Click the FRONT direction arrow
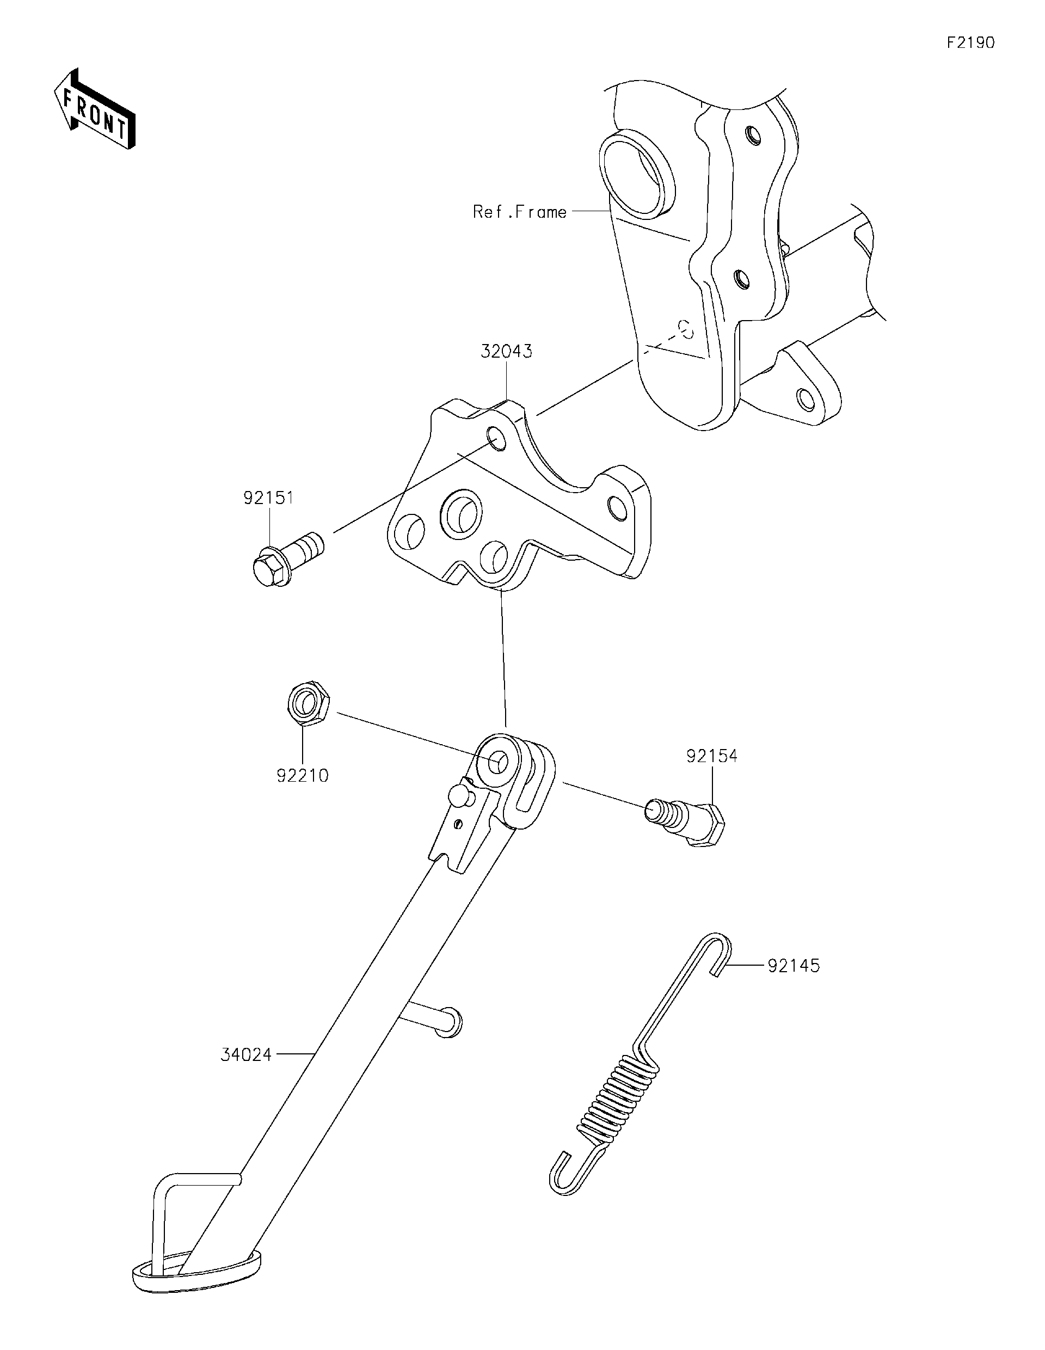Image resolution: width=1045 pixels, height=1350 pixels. pos(94,115)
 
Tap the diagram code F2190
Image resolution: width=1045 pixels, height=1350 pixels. pos(970,42)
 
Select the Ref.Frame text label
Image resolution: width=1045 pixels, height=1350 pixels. pos(519,212)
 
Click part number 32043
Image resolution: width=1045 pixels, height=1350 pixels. pos(506,352)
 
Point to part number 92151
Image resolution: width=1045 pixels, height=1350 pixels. pos(268,498)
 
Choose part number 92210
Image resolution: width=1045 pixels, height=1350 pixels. pos(302,775)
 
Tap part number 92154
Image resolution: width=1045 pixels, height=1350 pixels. pos(711,756)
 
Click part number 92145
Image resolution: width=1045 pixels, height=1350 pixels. pos(794,966)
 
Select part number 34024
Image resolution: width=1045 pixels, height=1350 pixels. pos(246,1055)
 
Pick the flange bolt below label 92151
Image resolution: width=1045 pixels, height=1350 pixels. pos(287,558)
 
